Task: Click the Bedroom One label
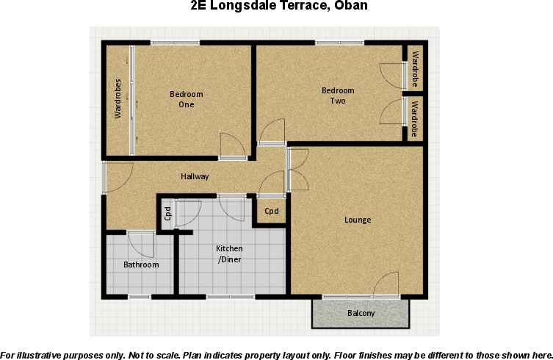point(186,99)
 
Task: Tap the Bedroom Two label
point(338,96)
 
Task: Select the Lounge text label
point(358,220)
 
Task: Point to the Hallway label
point(195,176)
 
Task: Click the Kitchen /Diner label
point(229,254)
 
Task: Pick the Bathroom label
point(141,264)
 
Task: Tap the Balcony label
point(361,314)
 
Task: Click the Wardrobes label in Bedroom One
point(118,98)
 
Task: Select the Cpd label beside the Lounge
point(272,212)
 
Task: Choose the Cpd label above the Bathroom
point(167,213)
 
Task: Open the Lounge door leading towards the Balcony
point(387,284)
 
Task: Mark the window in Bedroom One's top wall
point(175,43)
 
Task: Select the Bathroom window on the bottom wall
point(139,296)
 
